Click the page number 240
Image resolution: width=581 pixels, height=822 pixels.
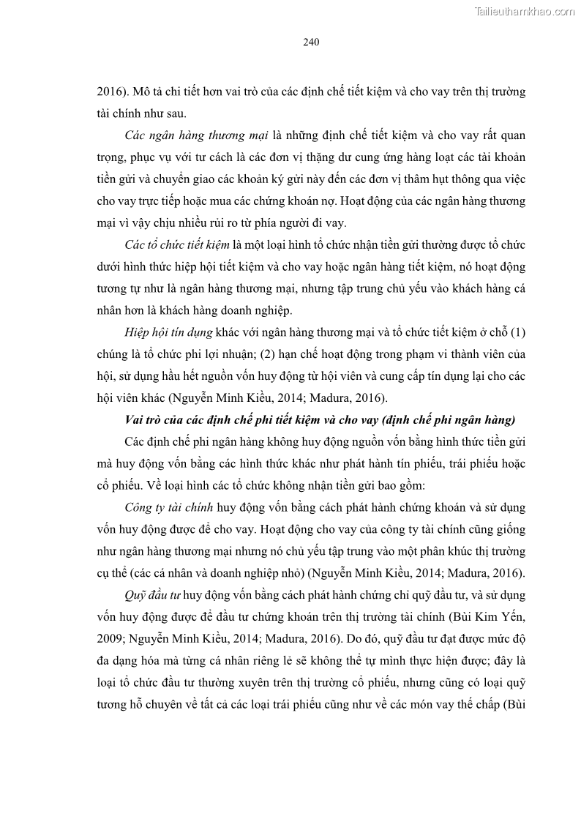point(310,42)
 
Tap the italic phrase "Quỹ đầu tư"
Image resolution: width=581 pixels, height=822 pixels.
point(153,574)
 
